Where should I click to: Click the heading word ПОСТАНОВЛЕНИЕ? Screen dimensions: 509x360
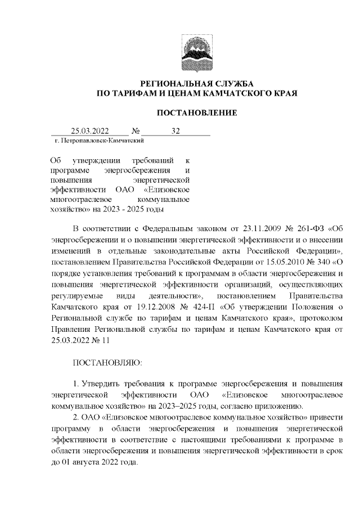[196, 113]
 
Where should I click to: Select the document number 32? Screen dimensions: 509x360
[175, 131]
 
